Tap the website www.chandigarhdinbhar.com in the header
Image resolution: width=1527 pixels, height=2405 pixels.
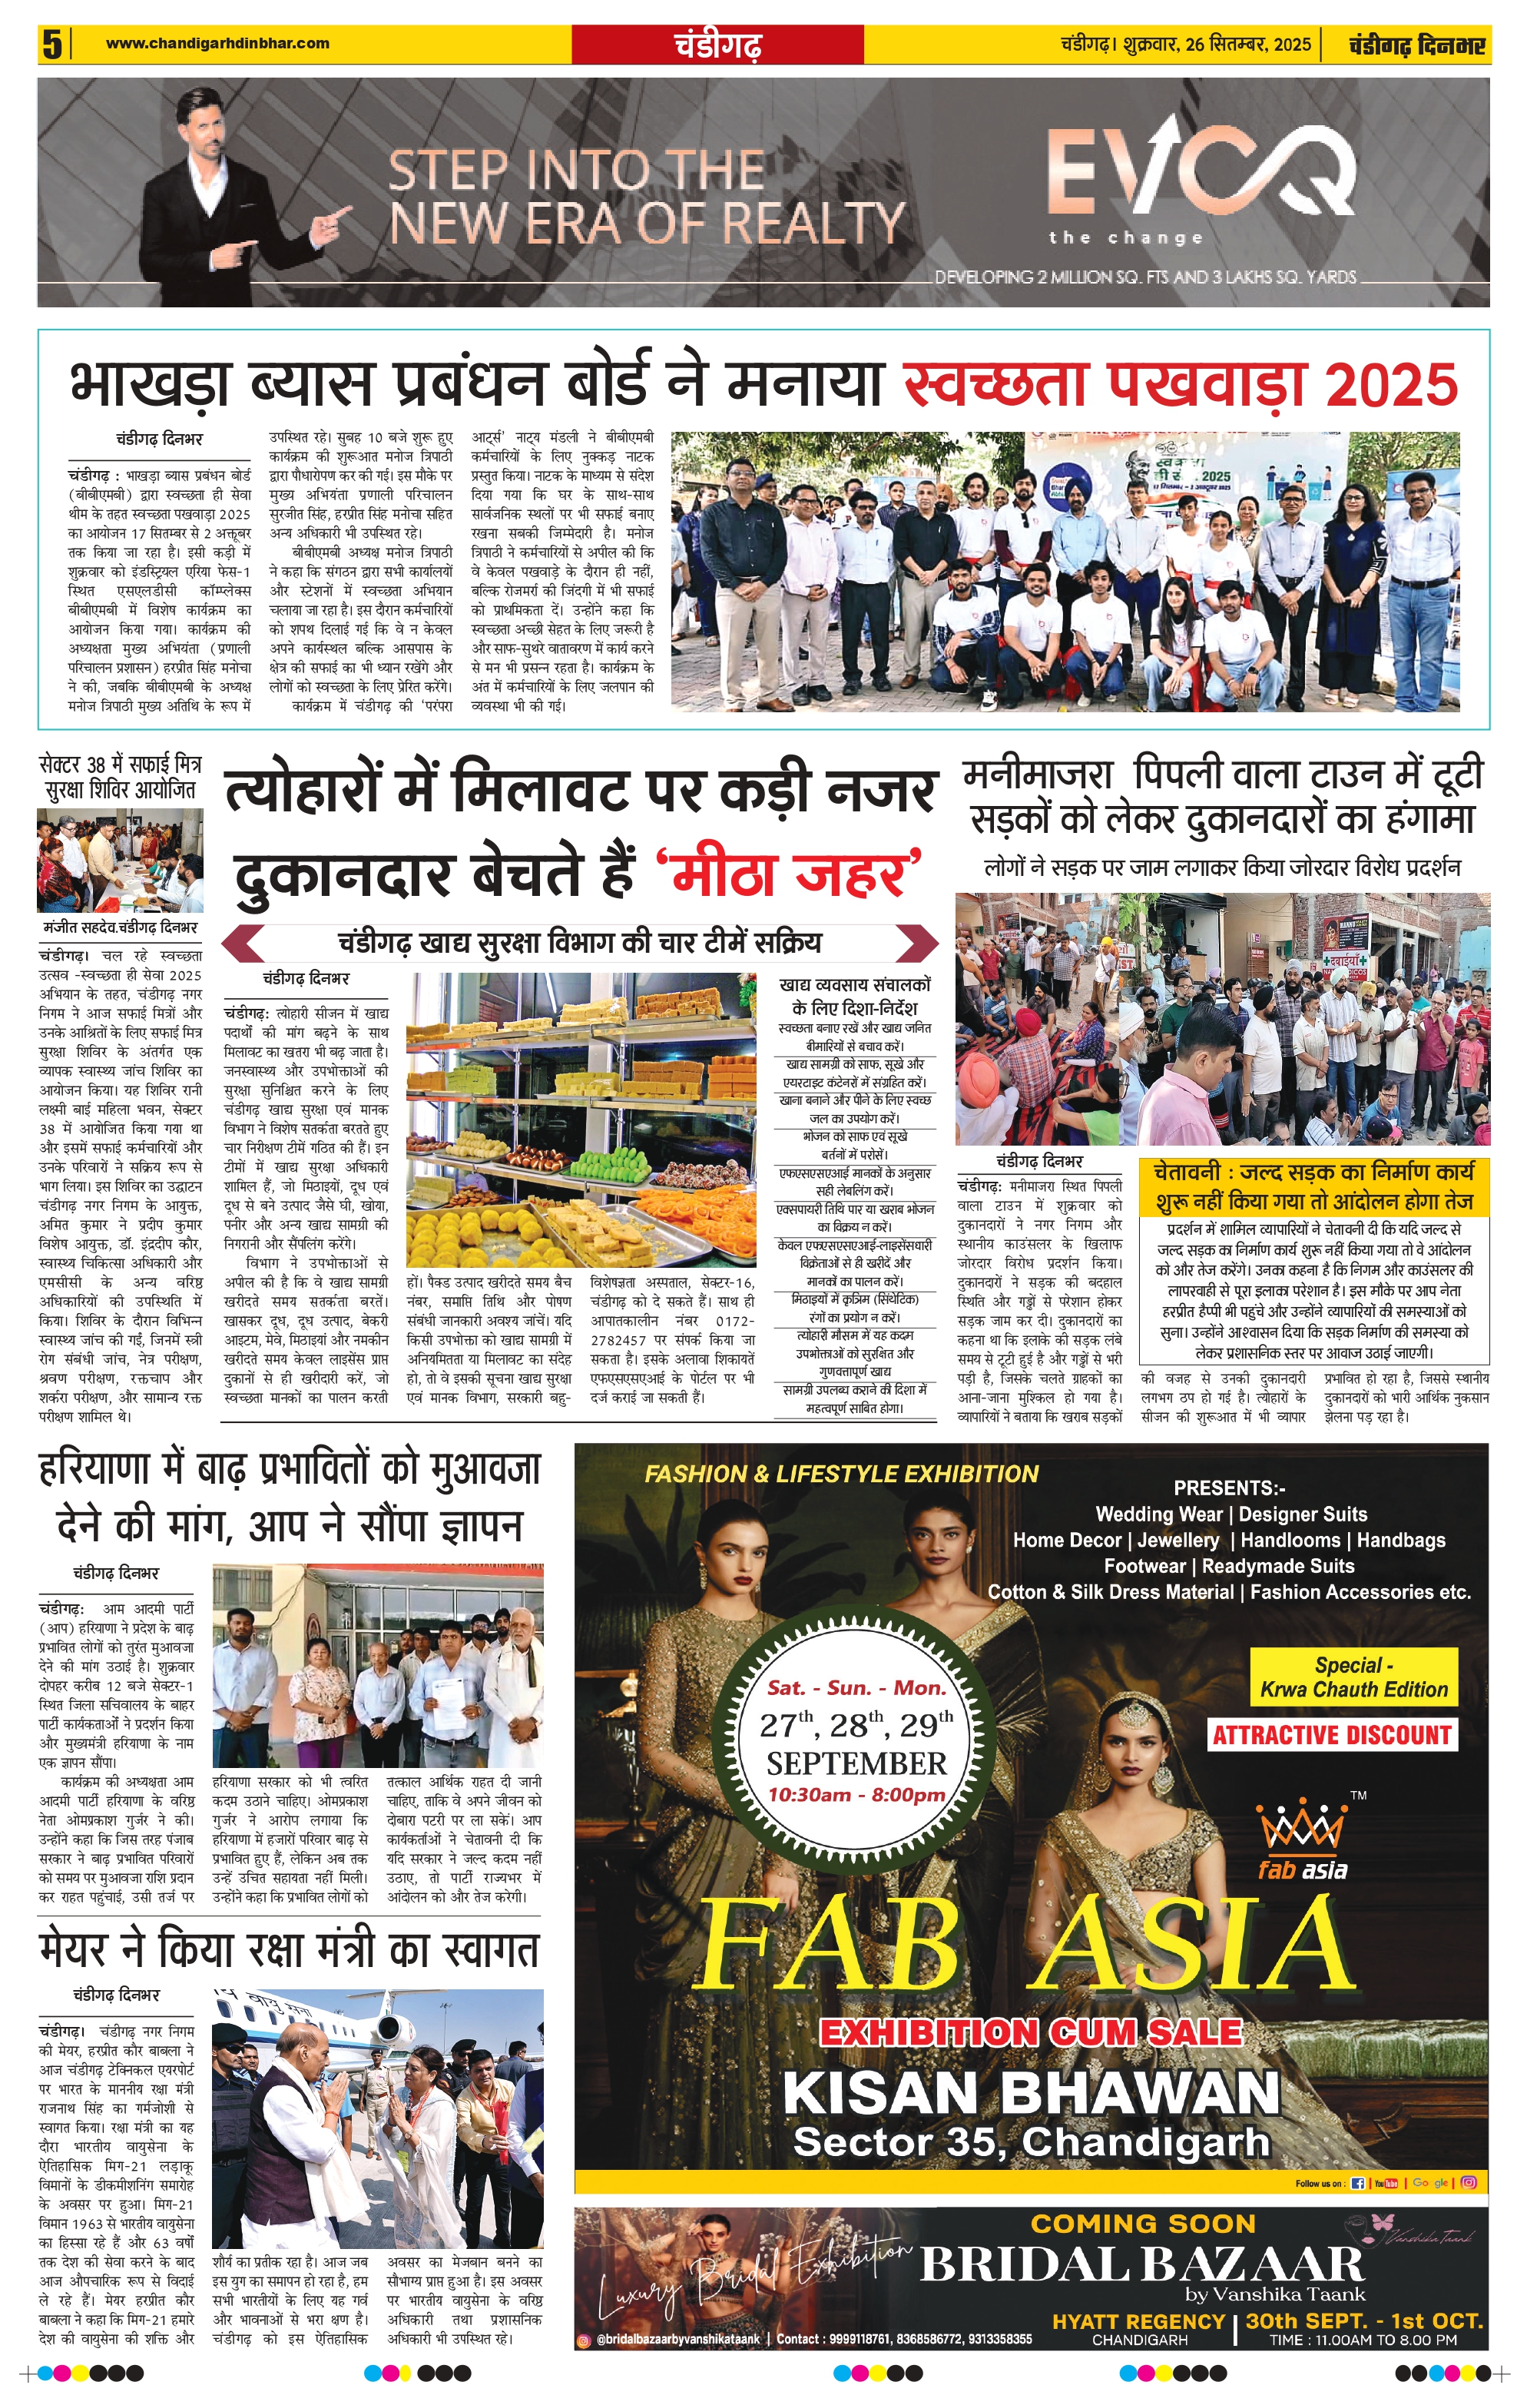(x=217, y=43)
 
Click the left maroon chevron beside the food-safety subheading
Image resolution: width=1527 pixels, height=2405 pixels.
(x=243, y=943)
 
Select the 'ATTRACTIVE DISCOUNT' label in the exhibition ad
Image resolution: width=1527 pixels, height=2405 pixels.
(x=1331, y=1735)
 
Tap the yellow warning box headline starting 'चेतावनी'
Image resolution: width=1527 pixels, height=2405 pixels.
(x=1313, y=1186)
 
